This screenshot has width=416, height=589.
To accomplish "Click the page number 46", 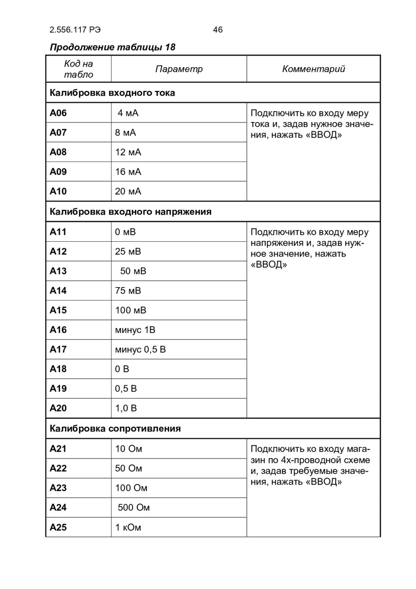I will click(218, 30).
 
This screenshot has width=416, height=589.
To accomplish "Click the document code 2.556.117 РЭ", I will click(75, 30).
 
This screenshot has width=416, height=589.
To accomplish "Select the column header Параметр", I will click(179, 69).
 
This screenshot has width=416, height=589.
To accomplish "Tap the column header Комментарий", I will click(313, 69).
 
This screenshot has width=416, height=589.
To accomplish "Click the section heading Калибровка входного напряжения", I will click(130, 212).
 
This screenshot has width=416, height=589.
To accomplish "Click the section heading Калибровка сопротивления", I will click(115, 429).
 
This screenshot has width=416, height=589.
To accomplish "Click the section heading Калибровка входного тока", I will click(112, 93).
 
